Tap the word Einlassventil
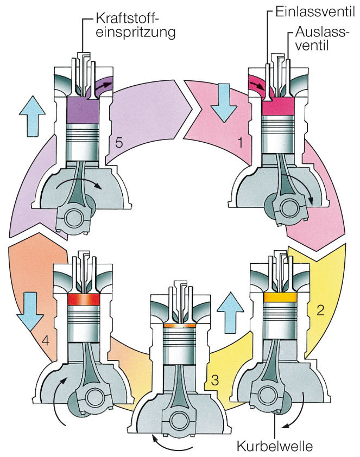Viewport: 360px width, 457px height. pyautogui.click(x=312, y=10)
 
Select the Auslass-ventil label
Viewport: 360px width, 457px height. pyautogui.click(x=321, y=39)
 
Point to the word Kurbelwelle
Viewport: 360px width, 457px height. pyautogui.click(x=276, y=447)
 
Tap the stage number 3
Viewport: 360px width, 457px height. pyautogui.click(x=215, y=379)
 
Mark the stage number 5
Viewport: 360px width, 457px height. pyautogui.click(x=119, y=143)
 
